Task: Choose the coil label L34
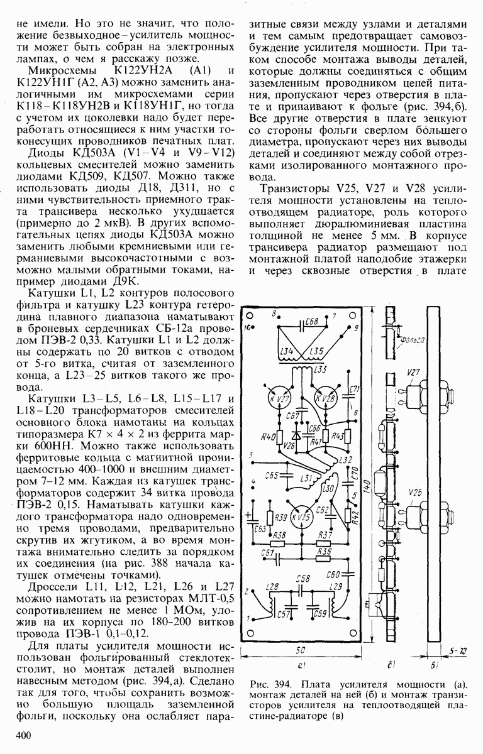(287, 351)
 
